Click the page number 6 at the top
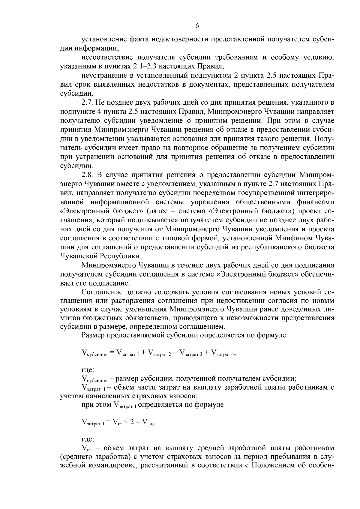(197, 26)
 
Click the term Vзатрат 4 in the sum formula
(223, 354)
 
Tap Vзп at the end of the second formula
(148, 423)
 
